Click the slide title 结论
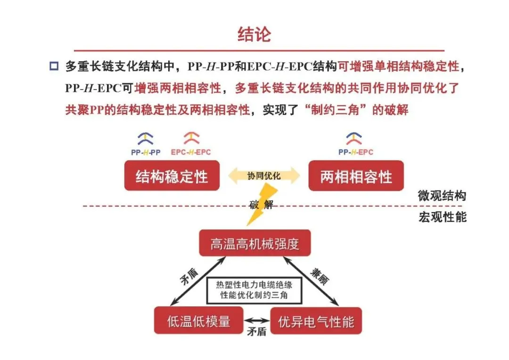[x=254, y=34]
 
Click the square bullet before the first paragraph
[x=54, y=66]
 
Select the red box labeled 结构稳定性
[x=172, y=176]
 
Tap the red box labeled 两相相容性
[x=356, y=176]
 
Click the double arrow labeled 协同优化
[x=264, y=176]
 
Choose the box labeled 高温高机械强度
[x=255, y=244]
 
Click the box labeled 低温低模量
[x=198, y=321]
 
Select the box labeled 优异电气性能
[x=316, y=321]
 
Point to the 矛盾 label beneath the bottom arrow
[x=257, y=332]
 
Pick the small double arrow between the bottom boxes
[x=257, y=321]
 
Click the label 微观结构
[x=442, y=196]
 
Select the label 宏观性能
[x=442, y=218]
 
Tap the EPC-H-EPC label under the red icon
[x=191, y=152]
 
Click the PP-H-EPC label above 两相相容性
[x=356, y=152]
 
